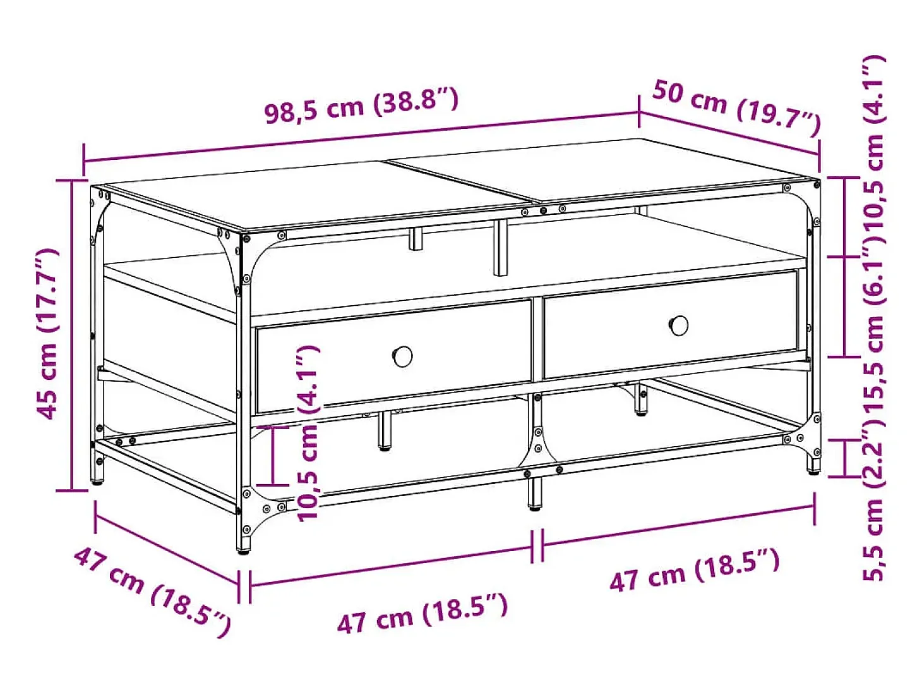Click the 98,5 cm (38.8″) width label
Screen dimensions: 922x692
point(362,106)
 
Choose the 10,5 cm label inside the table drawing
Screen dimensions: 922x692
point(308,433)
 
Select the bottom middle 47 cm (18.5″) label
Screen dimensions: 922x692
point(422,613)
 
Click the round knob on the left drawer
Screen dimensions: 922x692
point(402,356)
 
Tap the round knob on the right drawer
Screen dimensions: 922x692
point(678,325)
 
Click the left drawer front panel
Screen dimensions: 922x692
point(393,356)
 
